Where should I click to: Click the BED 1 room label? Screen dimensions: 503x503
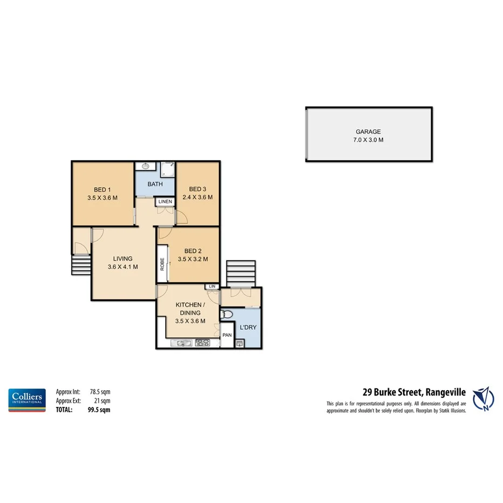point(102,189)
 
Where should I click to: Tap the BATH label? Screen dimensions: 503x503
point(155,184)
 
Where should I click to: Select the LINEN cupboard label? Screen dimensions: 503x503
point(165,202)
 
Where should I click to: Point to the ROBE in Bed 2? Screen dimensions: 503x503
point(162,263)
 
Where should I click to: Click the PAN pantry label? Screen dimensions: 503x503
point(227,335)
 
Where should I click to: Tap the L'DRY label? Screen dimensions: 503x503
point(247,328)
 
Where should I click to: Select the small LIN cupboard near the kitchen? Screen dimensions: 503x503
point(212,286)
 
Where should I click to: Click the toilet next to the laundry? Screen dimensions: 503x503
point(227,314)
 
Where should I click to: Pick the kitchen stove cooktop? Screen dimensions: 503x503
point(202,342)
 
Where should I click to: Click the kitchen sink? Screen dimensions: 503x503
point(180,342)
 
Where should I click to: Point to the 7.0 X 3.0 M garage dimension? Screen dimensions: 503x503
point(369,140)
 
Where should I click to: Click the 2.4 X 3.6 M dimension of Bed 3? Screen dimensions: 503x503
point(197,198)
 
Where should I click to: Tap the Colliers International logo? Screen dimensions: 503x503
point(26,400)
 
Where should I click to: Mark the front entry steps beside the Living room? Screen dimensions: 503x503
point(81,265)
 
